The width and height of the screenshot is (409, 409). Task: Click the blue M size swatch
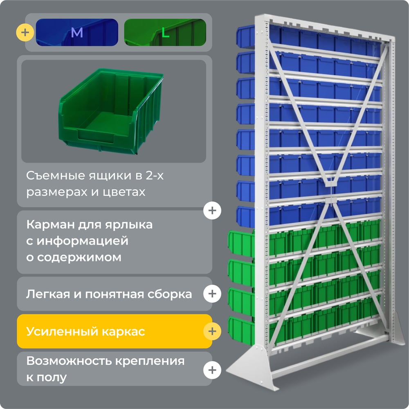tap(77, 32)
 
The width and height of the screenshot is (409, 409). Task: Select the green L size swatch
tap(165, 32)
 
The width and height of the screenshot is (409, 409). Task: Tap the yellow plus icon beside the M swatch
tap(25, 32)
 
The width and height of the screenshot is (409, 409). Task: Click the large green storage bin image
tap(111, 111)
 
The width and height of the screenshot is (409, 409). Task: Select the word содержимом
tap(79, 257)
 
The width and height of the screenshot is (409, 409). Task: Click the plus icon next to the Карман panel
tap(212, 211)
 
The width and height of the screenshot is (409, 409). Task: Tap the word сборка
tap(170, 294)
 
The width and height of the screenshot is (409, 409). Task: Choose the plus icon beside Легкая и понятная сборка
tap(212, 294)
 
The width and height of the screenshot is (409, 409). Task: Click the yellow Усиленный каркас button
tap(115, 331)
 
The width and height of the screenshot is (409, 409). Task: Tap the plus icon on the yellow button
tap(212, 331)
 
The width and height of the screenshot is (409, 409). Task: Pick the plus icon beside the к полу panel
tap(212, 370)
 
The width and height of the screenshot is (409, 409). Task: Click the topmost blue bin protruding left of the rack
tap(246, 36)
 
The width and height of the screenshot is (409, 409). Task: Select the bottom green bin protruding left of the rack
tap(242, 331)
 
